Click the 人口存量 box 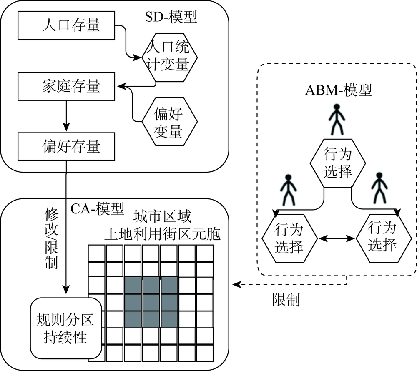click(x=66, y=25)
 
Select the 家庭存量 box click(x=66, y=86)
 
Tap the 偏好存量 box click(x=66, y=147)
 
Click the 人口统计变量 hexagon click(x=169, y=57)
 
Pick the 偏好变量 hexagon click(x=169, y=122)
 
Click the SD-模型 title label click(x=171, y=17)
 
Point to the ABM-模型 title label click(x=338, y=90)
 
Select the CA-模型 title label click(x=97, y=208)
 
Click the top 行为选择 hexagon click(x=338, y=163)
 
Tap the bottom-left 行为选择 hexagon click(x=290, y=238)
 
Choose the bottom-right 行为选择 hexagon click(x=384, y=238)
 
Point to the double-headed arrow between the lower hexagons click(x=337, y=238)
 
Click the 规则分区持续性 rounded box click(x=66, y=328)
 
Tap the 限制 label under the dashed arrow click(x=286, y=300)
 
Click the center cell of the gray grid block click(x=151, y=302)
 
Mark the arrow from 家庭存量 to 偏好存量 click(x=66, y=116)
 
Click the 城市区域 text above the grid click(x=162, y=216)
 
